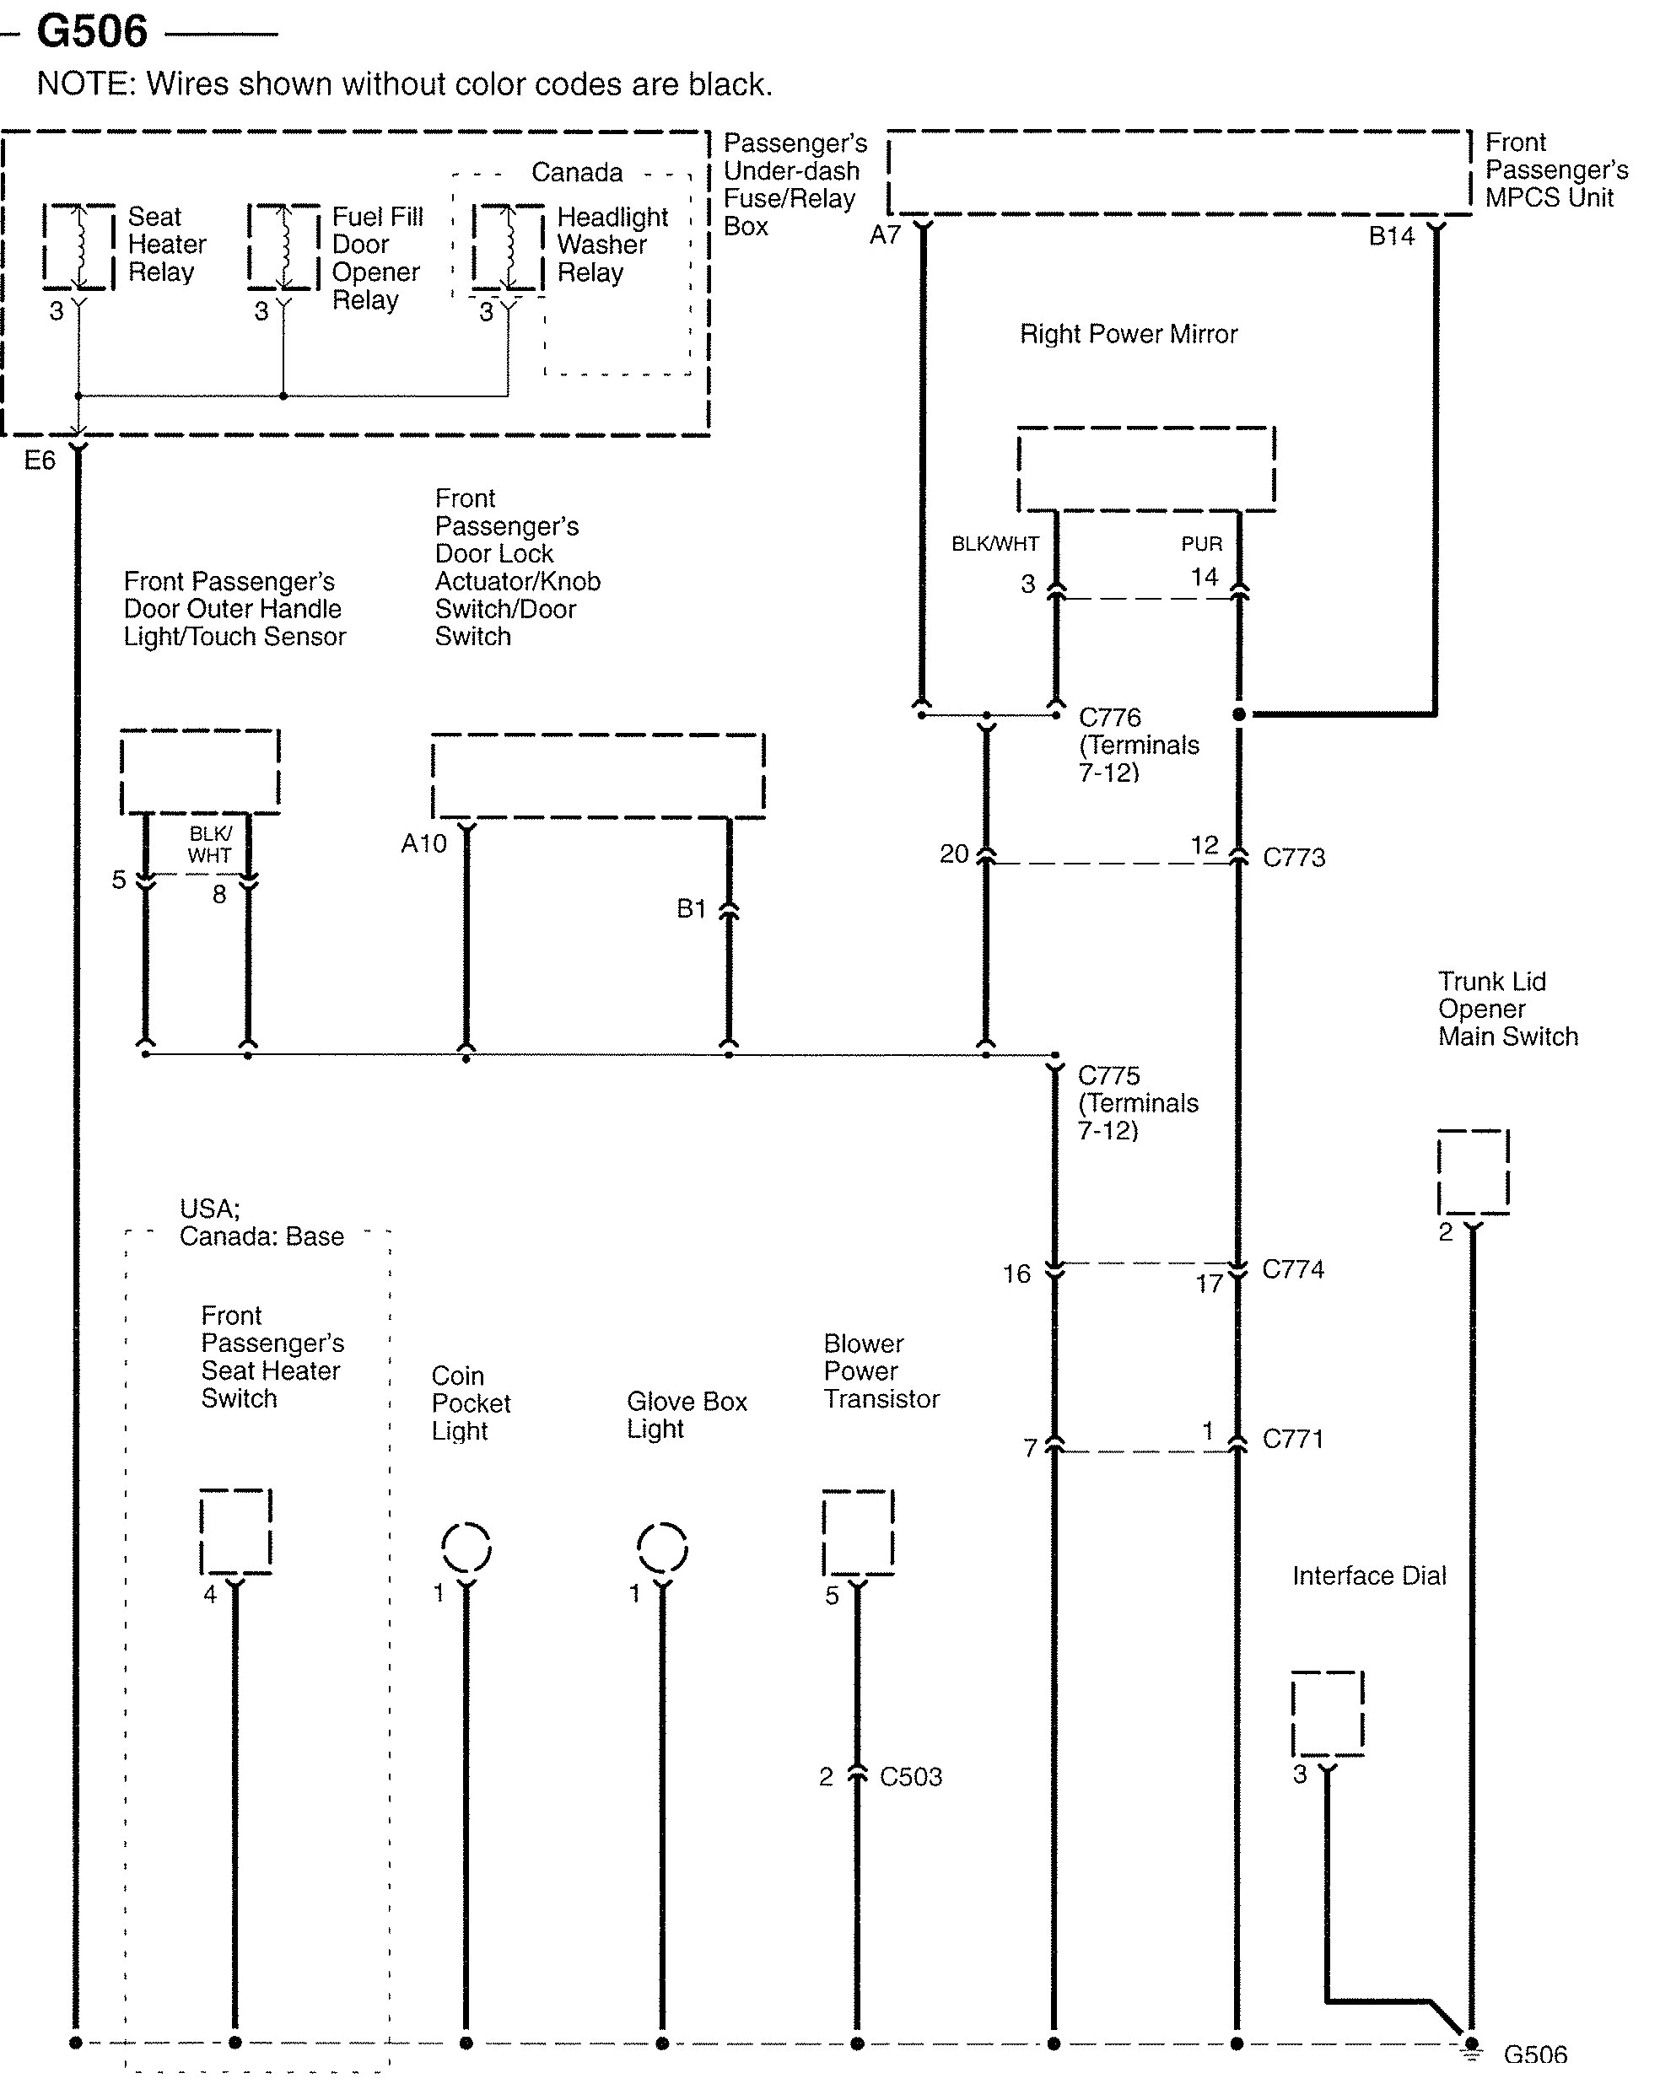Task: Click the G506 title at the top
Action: (x=91, y=31)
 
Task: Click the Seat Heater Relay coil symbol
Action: (x=78, y=247)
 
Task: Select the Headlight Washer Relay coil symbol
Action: (x=507, y=247)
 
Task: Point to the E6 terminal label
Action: (x=40, y=460)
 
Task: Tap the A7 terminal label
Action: (x=886, y=235)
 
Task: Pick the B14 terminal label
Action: (x=1391, y=236)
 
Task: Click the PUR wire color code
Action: (x=1202, y=544)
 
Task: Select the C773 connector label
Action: (x=1294, y=858)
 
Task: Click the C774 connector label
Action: (x=1292, y=1269)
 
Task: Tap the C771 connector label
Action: (x=1292, y=1439)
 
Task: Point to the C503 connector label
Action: (x=911, y=1777)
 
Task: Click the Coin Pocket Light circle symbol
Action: (x=466, y=1546)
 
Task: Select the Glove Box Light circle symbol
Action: (x=663, y=1546)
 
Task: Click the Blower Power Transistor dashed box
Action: (x=858, y=1532)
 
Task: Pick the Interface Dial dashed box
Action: (x=1328, y=1713)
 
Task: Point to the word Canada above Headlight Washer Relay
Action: (x=576, y=173)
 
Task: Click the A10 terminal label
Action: (x=423, y=843)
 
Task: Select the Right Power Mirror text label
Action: (x=1129, y=334)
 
